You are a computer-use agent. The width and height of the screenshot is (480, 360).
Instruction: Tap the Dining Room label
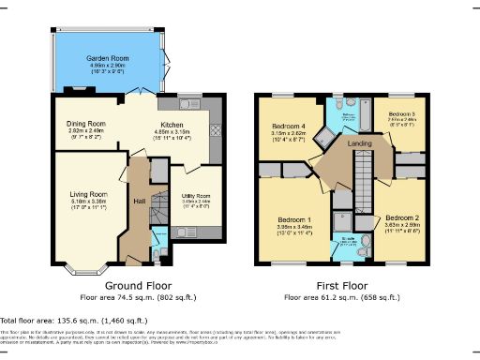(x=85, y=124)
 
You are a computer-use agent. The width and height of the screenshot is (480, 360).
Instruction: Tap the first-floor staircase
(x=362, y=183)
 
